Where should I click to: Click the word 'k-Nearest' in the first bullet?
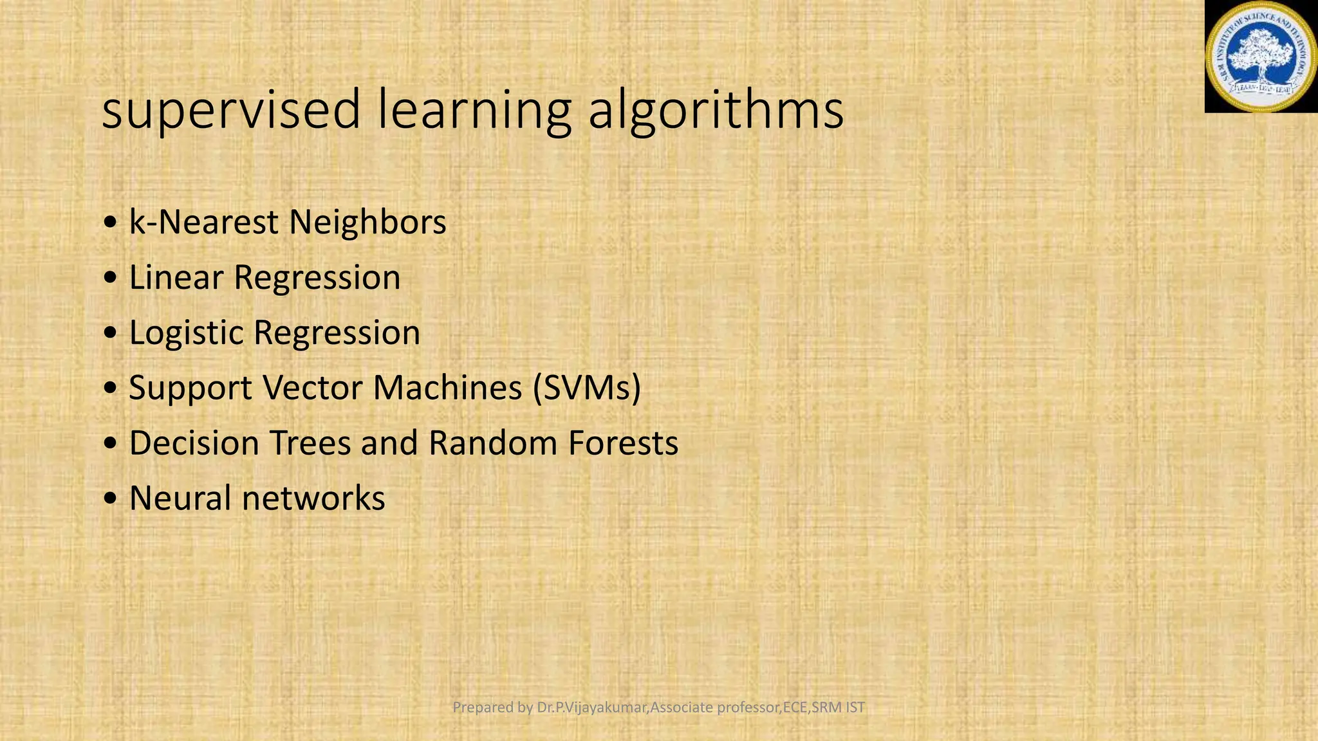pyautogui.click(x=204, y=223)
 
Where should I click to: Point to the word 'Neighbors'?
pyautogui.click(x=367, y=223)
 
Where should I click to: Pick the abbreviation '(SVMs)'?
pyautogui.click(x=587, y=389)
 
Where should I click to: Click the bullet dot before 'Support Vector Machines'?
pyautogui.click(x=111, y=389)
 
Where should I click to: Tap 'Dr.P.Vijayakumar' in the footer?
pyautogui.click(x=592, y=708)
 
